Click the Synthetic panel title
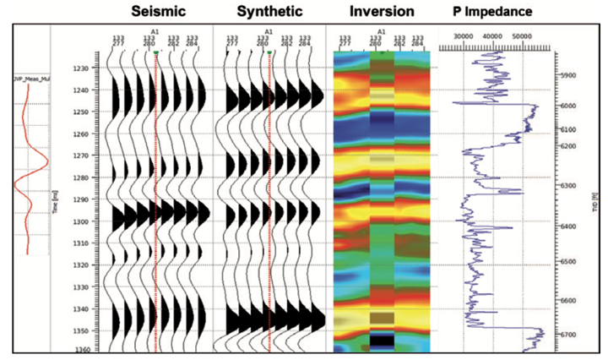click(269, 13)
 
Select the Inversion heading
click(382, 13)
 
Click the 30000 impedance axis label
click(463, 37)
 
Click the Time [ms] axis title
click(56, 202)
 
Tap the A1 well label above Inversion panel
click(382, 31)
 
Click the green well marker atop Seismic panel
click(157, 52)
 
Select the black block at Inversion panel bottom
click(382, 340)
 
